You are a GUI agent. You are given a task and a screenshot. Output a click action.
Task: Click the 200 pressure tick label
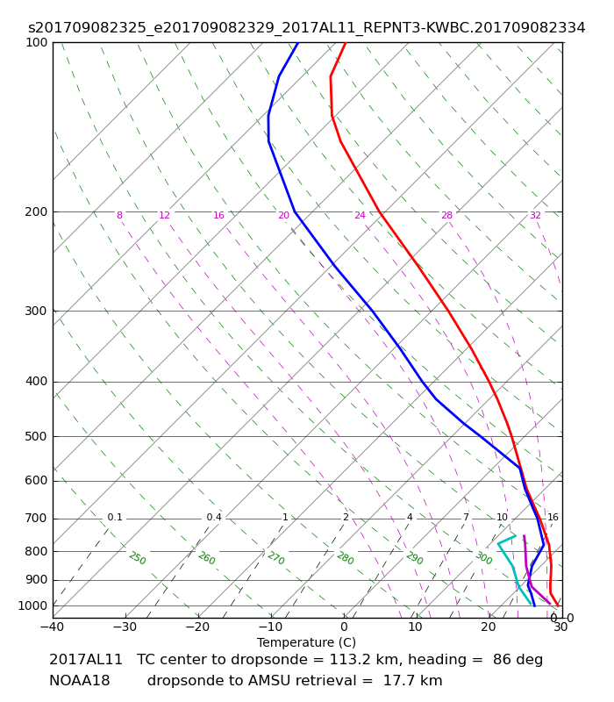36,211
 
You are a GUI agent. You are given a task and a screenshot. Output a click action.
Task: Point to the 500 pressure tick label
36,436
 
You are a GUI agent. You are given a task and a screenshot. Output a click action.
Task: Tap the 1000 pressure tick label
32,605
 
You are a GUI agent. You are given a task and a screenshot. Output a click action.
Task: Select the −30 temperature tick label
125,627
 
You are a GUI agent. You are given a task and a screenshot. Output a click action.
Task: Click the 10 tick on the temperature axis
415,627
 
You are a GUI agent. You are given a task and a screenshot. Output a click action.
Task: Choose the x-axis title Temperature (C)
306,642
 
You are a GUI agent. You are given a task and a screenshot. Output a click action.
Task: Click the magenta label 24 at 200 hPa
360,215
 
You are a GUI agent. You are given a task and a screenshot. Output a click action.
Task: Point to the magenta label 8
119,215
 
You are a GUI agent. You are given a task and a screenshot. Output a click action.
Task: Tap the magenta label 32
535,215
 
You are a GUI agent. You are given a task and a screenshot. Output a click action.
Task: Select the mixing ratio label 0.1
115,517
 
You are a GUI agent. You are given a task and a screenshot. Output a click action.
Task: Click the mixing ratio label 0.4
214,517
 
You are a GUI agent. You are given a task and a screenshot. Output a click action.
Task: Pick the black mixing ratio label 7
466,517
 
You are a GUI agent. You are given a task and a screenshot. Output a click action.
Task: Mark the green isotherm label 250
138,558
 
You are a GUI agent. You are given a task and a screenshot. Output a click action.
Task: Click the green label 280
345,558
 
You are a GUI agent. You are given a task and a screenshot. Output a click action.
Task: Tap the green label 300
483,558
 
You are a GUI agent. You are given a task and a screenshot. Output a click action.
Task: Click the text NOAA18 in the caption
80,681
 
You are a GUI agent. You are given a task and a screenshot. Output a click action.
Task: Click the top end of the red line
346,42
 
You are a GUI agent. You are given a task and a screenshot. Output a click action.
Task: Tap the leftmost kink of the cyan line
498,543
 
